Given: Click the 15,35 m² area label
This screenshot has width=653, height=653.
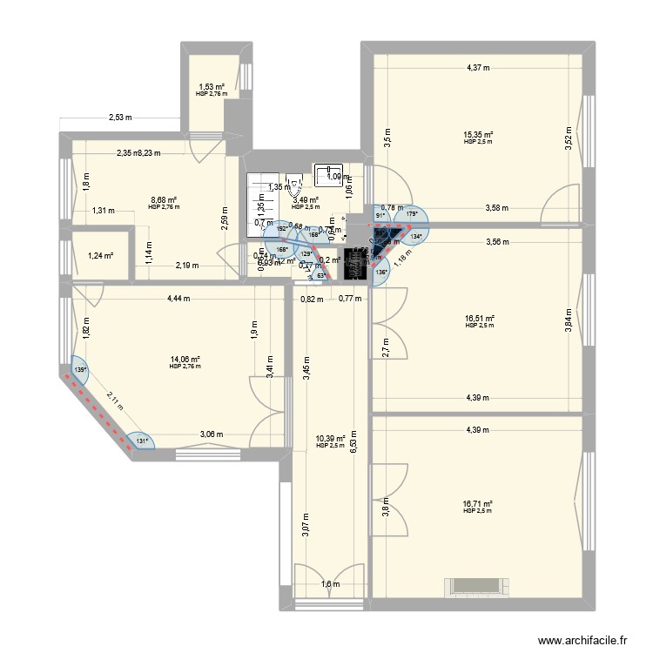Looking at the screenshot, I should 478,135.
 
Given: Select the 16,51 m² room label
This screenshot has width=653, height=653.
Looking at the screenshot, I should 479,319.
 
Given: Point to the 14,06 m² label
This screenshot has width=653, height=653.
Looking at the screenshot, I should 185,360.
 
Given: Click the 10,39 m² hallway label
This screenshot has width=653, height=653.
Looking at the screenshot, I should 331,439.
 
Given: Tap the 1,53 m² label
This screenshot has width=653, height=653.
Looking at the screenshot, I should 211,87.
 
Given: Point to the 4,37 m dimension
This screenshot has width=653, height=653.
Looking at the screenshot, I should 478,67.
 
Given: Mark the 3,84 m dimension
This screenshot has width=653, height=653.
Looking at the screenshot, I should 570,318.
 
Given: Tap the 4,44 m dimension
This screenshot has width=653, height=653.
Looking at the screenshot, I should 180,299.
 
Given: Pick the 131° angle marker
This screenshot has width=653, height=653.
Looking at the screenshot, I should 140,441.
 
